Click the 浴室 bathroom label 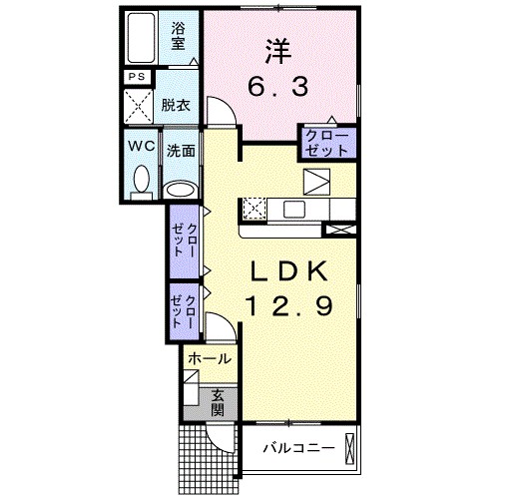coord(178,36)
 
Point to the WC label coord(140,145)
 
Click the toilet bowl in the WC coord(141,181)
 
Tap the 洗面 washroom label coord(181,151)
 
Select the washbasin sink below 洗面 coord(181,189)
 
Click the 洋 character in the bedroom coord(277,49)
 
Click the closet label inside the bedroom coord(326,142)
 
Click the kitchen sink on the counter coord(295,209)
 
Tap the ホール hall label coord(210,358)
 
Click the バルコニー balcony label coord(298,448)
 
